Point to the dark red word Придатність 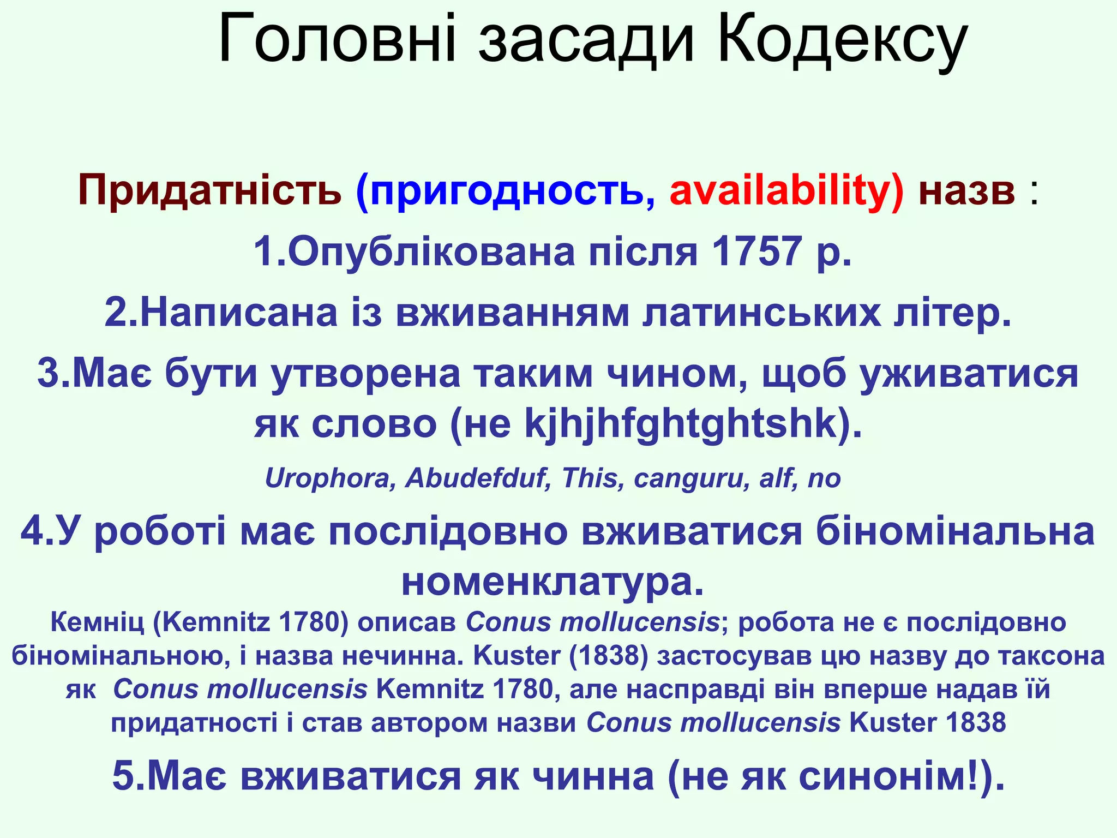[209, 191]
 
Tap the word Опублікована [431, 252]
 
